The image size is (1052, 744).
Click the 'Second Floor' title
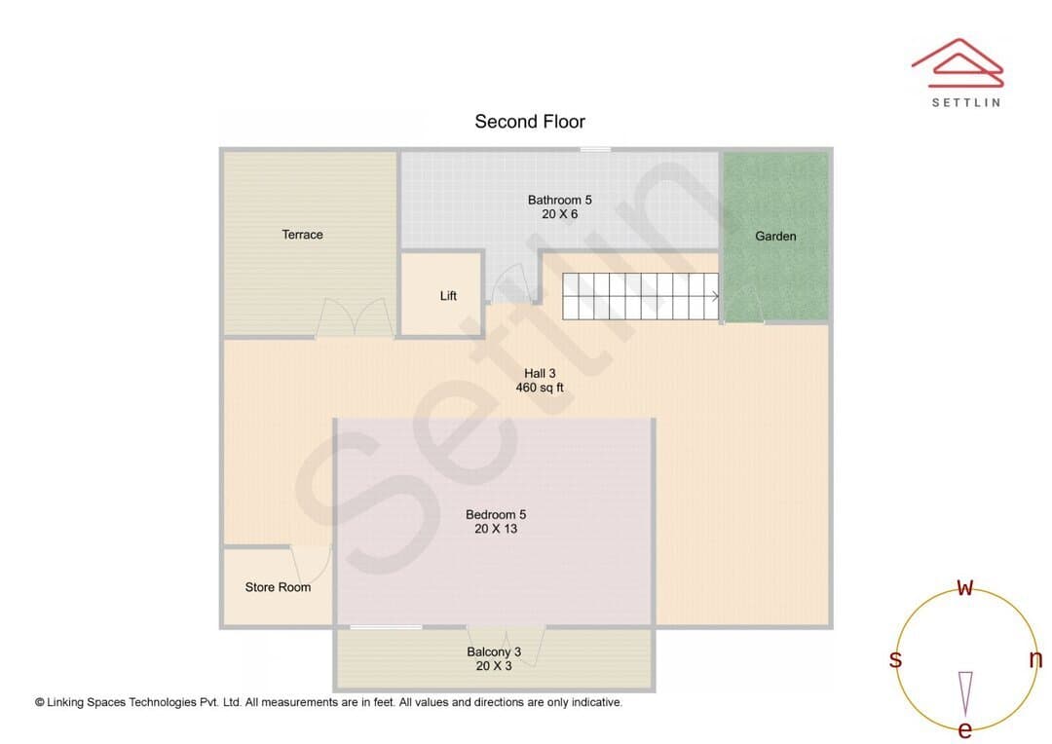[x=530, y=122]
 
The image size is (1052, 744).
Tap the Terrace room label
[x=303, y=234]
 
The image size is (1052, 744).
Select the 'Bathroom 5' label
[x=559, y=200]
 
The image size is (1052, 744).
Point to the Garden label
[x=775, y=236]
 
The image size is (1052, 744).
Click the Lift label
[x=448, y=296]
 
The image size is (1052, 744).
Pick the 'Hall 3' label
[x=540, y=373]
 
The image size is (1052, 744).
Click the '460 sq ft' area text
[x=540, y=388]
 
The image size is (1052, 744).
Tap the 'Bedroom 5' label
[x=496, y=514]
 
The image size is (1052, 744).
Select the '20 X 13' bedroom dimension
[x=496, y=529]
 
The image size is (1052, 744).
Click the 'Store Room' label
[x=278, y=587]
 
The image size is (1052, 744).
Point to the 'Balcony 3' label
[x=494, y=651]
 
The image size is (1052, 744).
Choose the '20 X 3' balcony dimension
[x=494, y=666]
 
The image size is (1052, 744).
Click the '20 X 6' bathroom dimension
[x=559, y=214]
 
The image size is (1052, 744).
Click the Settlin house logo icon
[x=958, y=62]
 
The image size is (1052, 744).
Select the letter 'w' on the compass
[x=964, y=587]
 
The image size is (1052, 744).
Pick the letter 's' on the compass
[x=895, y=659]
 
